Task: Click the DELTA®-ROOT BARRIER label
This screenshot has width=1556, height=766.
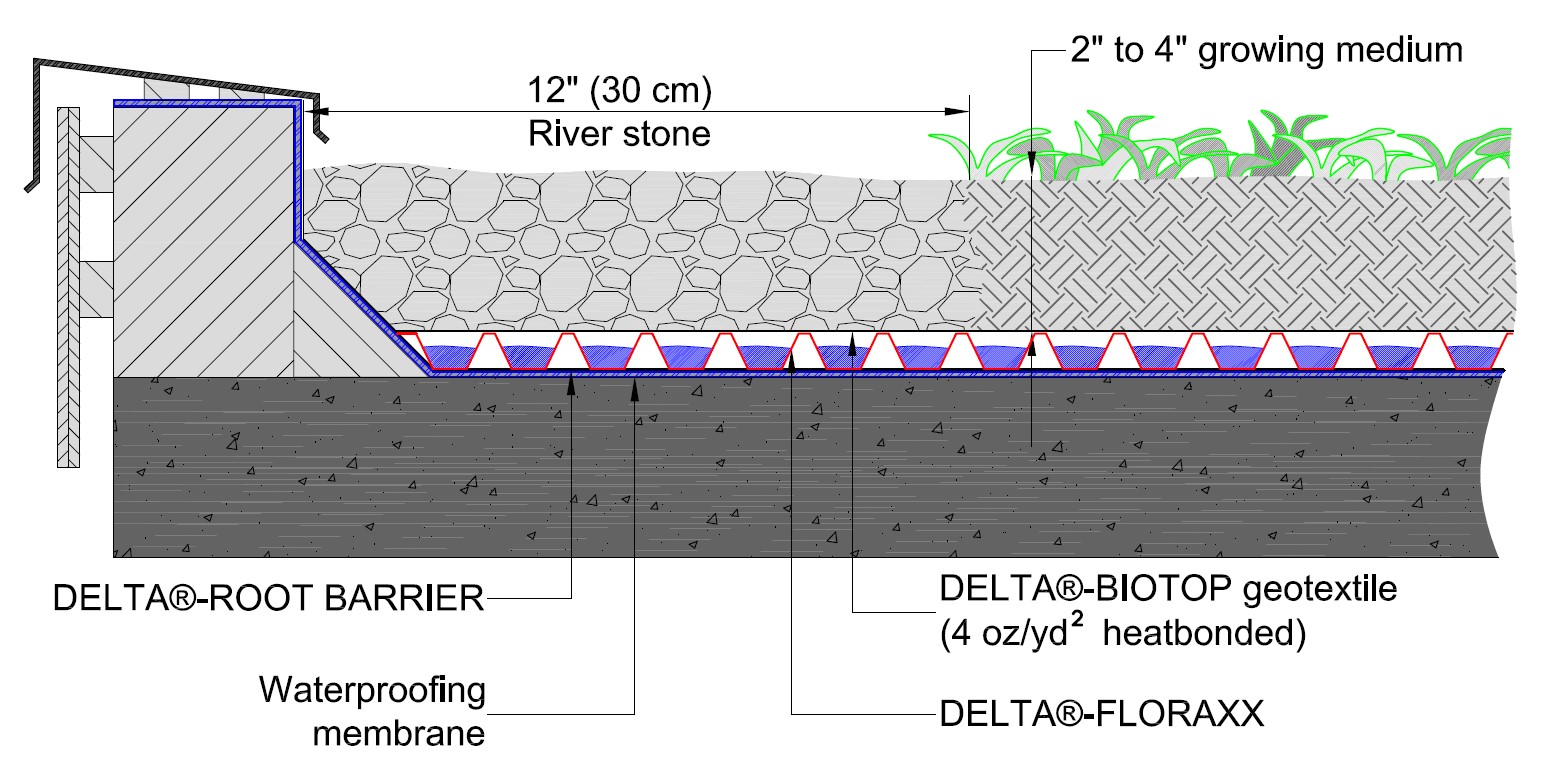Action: pos(267,599)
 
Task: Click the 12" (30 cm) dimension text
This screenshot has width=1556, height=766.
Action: pos(619,92)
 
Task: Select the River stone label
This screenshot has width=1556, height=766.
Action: pos(619,133)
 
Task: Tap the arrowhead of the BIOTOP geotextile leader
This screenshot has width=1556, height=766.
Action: pos(852,340)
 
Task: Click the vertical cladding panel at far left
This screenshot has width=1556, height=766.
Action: pos(67,290)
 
